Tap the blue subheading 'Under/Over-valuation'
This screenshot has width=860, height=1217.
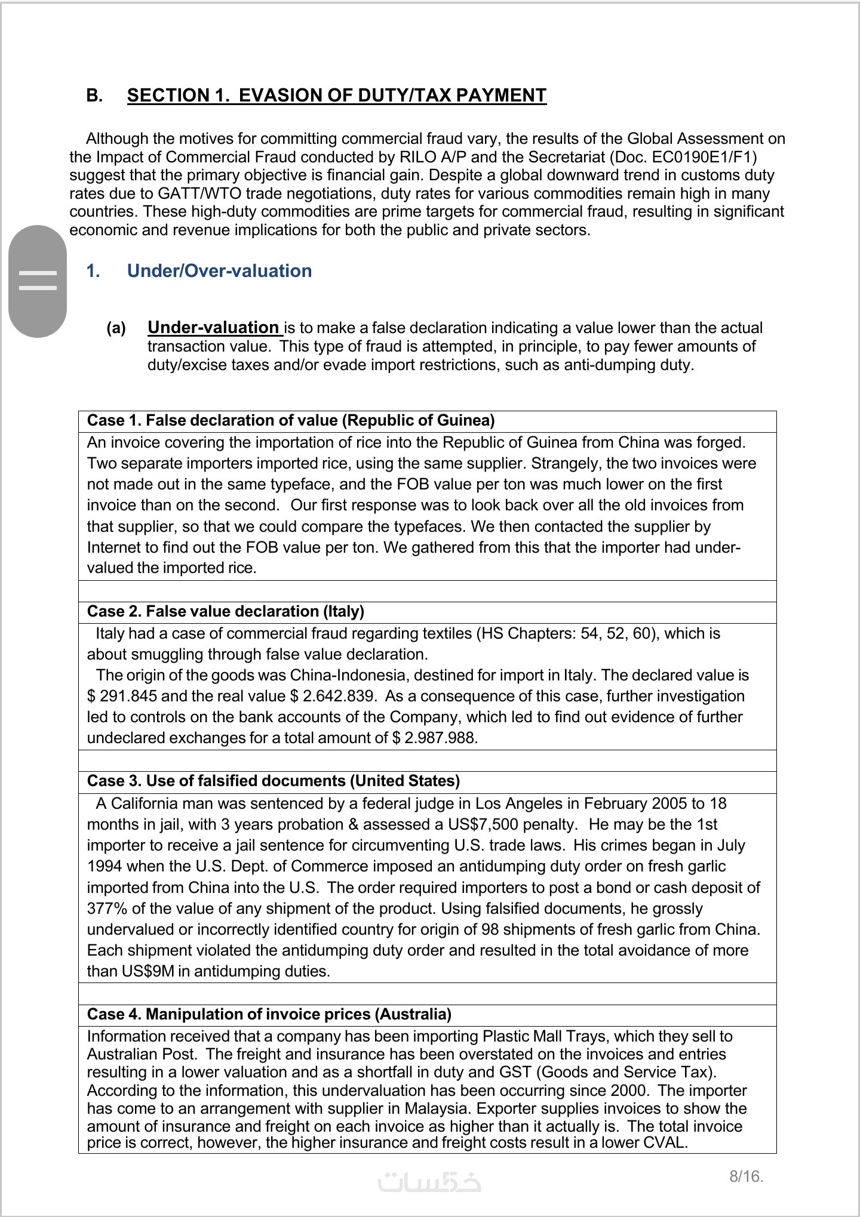219,271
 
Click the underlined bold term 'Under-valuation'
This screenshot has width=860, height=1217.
213,328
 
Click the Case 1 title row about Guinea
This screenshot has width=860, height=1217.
291,421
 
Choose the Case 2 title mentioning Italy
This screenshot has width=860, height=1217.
226,612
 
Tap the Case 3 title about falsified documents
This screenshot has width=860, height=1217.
274,781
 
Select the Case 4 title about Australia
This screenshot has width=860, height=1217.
269,1014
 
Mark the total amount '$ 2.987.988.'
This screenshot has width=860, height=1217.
435,738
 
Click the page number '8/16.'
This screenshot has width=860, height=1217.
746,1176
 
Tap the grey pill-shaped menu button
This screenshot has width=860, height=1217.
38,281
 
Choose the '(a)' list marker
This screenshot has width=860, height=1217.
116,328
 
